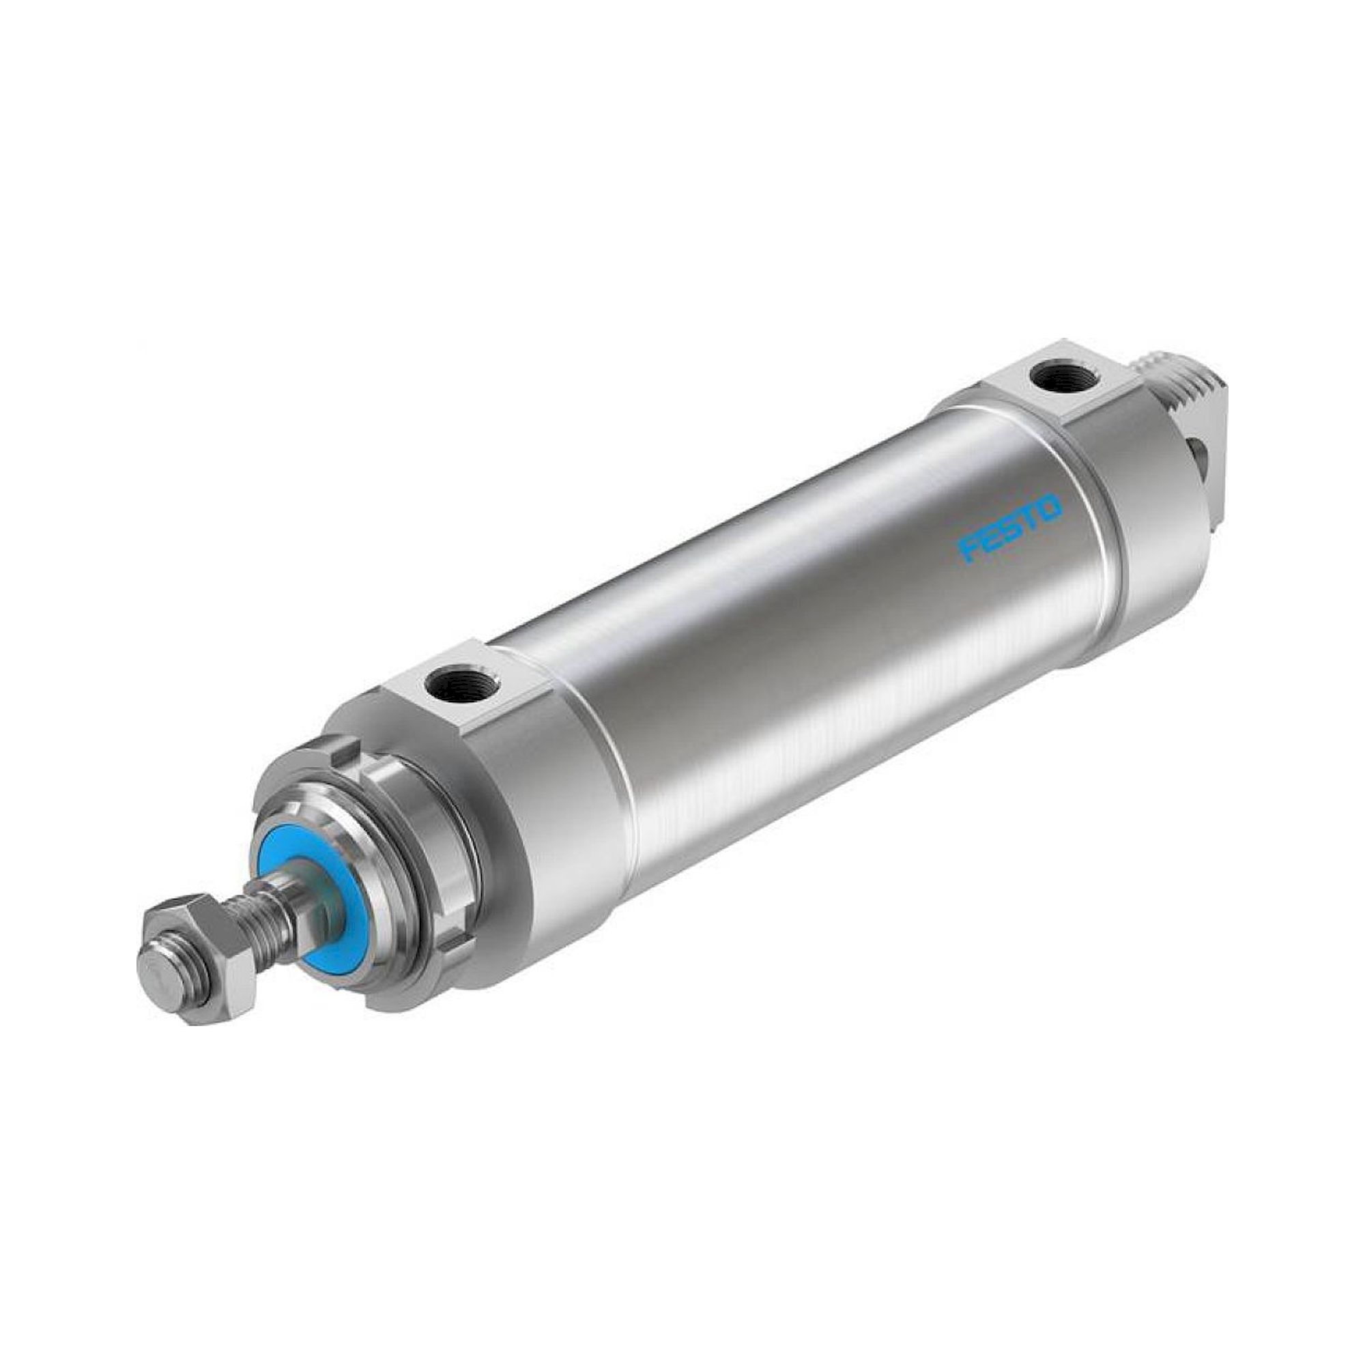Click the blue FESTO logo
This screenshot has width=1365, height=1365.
point(1010,528)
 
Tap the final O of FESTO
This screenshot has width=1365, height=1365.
point(1050,506)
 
